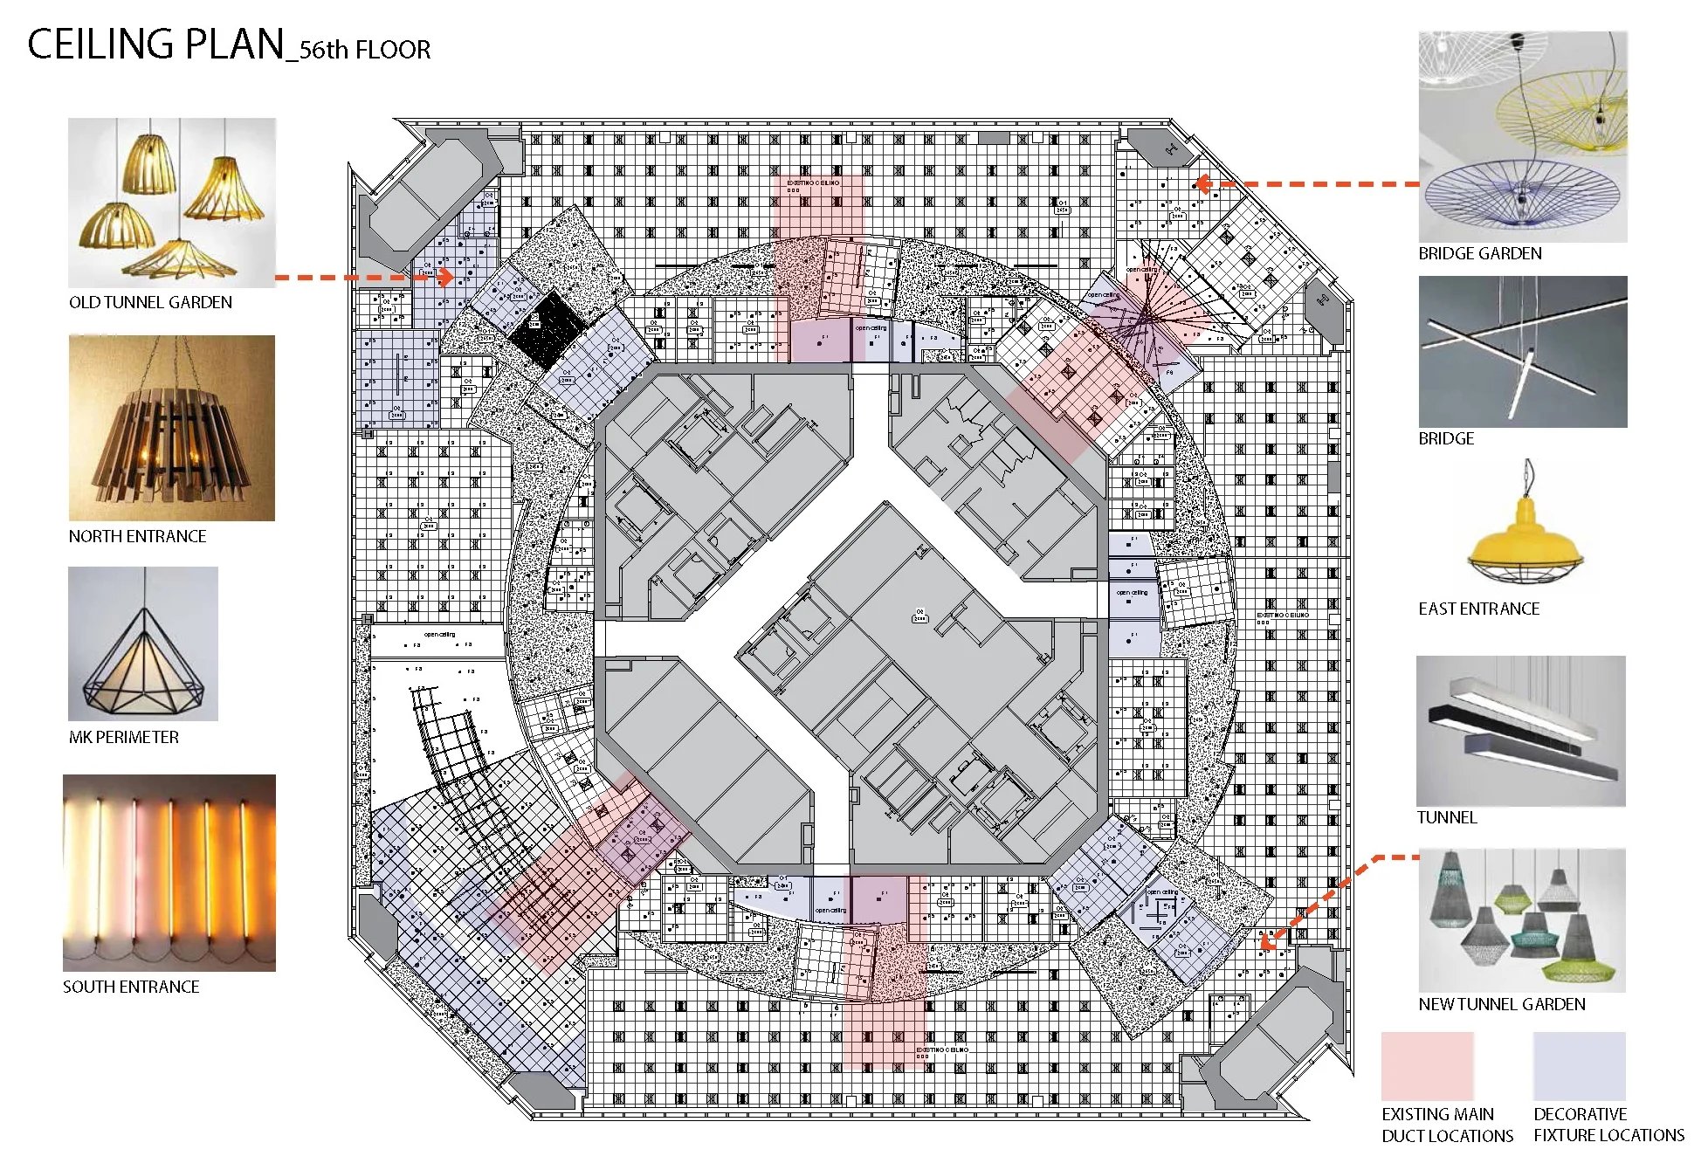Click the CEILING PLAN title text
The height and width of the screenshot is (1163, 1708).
point(157,45)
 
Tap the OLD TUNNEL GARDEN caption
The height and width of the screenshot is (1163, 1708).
point(150,303)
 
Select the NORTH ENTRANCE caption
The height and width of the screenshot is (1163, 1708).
point(137,537)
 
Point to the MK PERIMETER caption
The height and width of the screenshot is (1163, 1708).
point(123,738)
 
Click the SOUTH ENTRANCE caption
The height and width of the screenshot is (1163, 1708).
point(131,988)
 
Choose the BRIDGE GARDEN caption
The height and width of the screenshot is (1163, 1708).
point(1479,254)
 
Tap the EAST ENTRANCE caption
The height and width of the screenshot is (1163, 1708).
point(1478,609)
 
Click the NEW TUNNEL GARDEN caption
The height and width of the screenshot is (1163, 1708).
point(1501,1005)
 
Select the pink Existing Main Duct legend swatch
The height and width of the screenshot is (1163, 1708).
point(1427,1066)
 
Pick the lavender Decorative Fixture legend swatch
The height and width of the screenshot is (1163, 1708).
point(1579,1066)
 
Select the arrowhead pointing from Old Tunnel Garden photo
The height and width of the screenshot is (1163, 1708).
point(446,278)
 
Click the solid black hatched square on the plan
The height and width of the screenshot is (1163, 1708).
point(548,329)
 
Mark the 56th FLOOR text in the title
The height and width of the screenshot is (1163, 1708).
point(365,51)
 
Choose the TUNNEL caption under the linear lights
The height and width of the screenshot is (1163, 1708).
point(1446,818)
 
